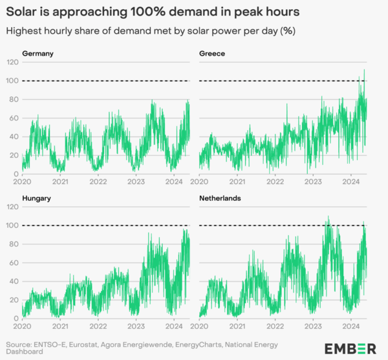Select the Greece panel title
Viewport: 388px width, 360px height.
tap(212, 53)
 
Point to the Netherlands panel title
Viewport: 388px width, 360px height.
tap(221, 198)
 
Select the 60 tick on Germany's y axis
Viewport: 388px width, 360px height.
tap(15, 118)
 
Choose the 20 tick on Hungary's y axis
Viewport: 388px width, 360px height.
tap(15, 300)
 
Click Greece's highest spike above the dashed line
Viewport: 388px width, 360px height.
tap(364, 70)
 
